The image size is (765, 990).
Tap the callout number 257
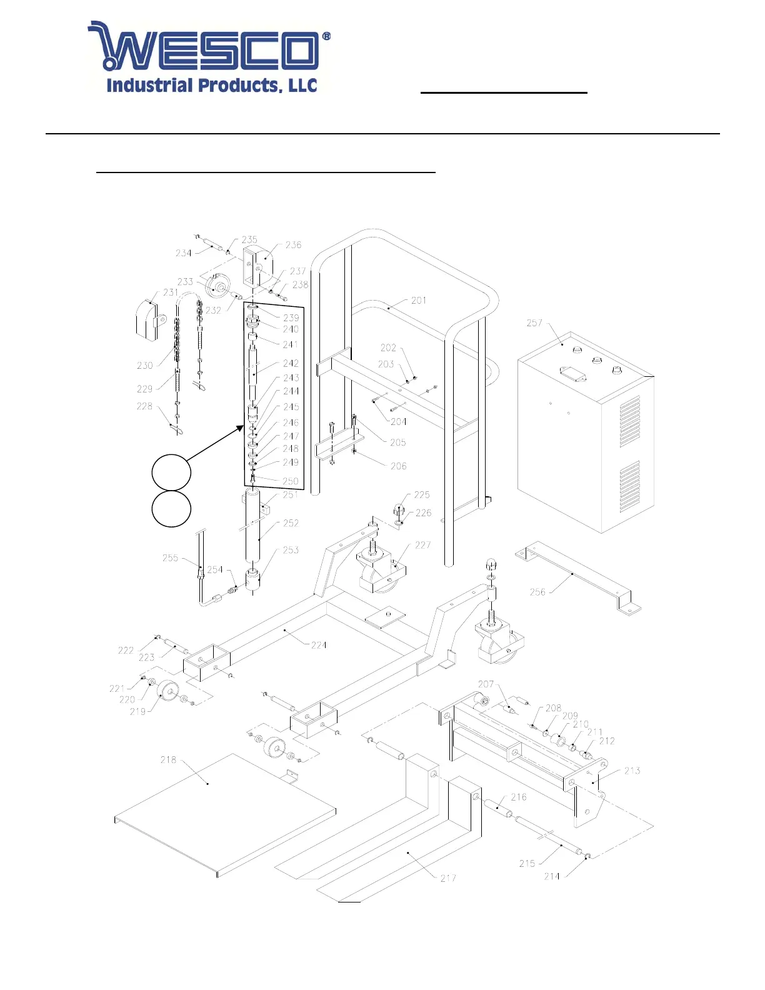tap(534, 323)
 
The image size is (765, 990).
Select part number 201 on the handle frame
tap(419, 301)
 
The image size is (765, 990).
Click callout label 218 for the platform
tap(168, 760)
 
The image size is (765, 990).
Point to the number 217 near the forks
tap(448, 878)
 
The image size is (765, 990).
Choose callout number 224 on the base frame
tap(319, 645)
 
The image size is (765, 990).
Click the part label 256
tap(537, 592)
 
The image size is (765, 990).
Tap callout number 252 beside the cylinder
tap(291, 523)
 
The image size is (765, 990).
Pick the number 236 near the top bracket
tap(293, 245)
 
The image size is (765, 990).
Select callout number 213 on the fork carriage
tap(632, 771)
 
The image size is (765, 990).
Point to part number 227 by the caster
tap(422, 545)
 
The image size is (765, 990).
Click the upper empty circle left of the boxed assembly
tap(171, 472)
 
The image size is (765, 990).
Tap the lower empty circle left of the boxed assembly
tap(171, 509)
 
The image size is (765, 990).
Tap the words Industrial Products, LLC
tap(212, 86)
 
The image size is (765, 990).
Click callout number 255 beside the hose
tap(170, 558)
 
